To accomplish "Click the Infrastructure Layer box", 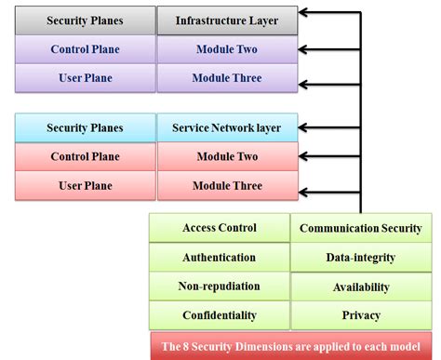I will [228, 20].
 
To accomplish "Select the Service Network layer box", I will [228, 127].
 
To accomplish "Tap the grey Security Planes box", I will [85, 20].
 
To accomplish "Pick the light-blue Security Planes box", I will [85, 127].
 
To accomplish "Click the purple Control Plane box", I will [85, 48].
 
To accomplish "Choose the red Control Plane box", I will [85, 156].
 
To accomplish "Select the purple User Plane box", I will [85, 78].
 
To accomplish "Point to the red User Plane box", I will [85, 185].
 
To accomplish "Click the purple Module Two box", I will [228, 48].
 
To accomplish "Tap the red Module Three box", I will [228, 185].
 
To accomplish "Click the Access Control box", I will [220, 228].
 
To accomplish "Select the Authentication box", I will [220, 257].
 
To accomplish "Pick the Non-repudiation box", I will [220, 286].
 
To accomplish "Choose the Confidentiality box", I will [220, 314].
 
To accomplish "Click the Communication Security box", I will [361, 228].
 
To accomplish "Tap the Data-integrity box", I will [361, 257].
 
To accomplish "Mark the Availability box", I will [361, 287].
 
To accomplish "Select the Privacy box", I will [361, 315].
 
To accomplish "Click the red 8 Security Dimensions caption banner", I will [290, 344].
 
